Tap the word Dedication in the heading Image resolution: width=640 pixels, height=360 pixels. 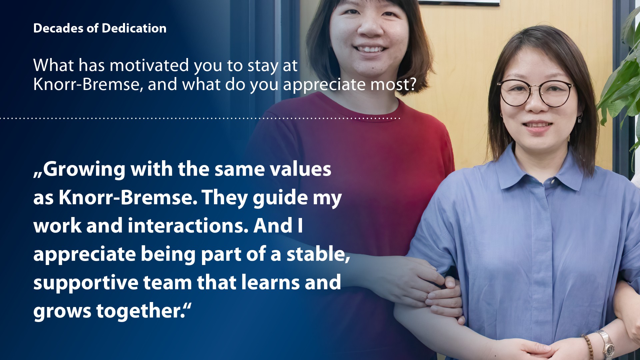tap(134, 28)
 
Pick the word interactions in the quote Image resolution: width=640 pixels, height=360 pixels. tap(188, 226)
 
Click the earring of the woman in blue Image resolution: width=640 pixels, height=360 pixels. tap(580, 118)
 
